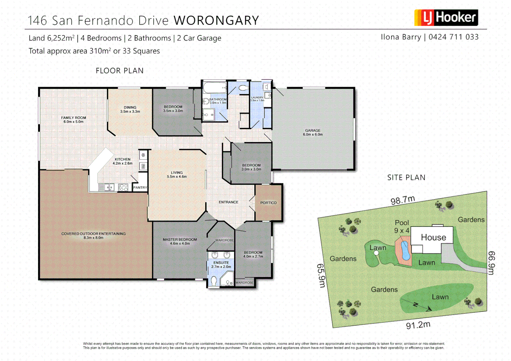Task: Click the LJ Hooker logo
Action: point(446,18)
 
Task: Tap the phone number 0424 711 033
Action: point(453,37)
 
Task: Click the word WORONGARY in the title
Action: point(216,21)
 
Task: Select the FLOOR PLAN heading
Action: point(119,71)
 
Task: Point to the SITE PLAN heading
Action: point(406,177)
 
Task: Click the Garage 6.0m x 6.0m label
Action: point(313,132)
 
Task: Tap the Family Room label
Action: point(74,120)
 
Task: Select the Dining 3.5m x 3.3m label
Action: point(130,109)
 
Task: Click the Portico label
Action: point(268,203)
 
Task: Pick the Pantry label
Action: point(140,188)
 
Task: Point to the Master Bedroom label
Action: point(180,241)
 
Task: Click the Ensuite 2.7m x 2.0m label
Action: point(221,265)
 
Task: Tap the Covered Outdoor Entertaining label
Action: point(93,236)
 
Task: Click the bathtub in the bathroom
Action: point(215,88)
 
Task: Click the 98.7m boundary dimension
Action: point(403,200)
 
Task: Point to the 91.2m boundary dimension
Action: point(418,325)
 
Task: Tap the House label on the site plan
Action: point(433,237)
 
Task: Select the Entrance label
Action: point(228,202)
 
